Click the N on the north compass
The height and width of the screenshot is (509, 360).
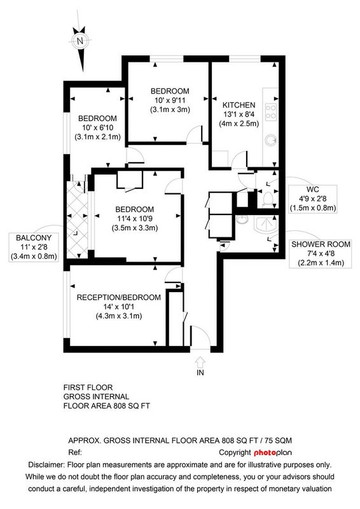click(80, 41)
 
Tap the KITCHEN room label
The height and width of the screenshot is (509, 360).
click(239, 105)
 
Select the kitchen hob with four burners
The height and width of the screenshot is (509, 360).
click(271, 112)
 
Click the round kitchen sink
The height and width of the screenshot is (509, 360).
click(270, 140)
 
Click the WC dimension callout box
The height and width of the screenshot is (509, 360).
click(312, 199)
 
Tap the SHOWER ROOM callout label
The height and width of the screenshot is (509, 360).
click(321, 244)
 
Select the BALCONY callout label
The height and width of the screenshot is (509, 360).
click(34, 237)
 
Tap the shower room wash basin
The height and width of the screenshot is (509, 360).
click(241, 220)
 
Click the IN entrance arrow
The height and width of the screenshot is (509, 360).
click(200, 361)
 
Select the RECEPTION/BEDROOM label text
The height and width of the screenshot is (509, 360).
click(118, 297)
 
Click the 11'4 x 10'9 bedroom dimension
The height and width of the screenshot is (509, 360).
click(135, 218)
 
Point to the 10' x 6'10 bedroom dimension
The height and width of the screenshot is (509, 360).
click(97, 128)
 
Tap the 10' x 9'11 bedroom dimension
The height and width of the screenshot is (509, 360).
click(170, 101)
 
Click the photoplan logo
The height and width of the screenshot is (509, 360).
click(273, 452)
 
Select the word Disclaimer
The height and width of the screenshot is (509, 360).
click(46, 464)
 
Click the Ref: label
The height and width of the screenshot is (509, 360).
click(75, 452)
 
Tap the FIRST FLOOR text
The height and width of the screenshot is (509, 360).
click(88, 387)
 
